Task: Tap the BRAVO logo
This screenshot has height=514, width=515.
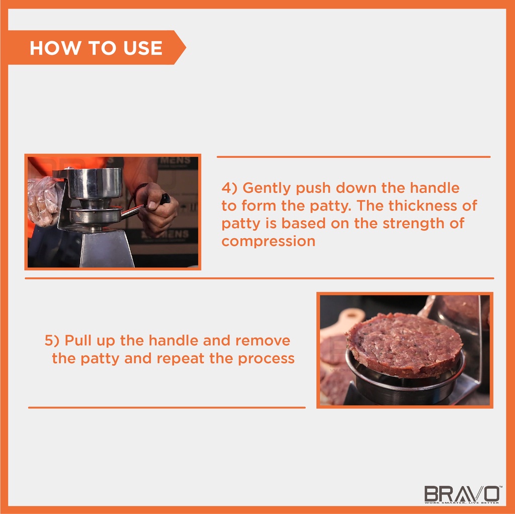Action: tap(462, 494)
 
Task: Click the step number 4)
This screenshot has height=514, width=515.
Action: tap(229, 188)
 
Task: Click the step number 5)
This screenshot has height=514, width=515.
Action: tap(52, 340)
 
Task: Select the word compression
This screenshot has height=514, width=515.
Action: tap(269, 241)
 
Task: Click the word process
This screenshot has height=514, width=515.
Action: tap(266, 359)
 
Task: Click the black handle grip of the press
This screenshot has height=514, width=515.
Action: tap(165, 199)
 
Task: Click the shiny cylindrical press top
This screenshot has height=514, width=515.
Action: tap(94, 183)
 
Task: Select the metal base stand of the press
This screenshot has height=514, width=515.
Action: tap(106, 248)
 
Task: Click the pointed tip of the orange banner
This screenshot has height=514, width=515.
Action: tap(186, 48)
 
